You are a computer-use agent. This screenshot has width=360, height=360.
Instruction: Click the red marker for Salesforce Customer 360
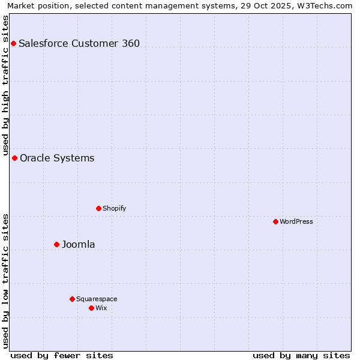click(13, 43)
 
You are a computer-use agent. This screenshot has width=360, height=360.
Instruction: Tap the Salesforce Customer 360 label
click(79, 43)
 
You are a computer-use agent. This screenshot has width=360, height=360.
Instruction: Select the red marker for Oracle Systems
click(14, 158)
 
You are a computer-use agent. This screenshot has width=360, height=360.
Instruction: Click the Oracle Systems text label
click(57, 158)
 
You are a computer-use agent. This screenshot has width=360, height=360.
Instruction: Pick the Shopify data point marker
click(98, 208)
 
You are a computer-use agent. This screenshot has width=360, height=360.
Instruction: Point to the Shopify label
click(114, 208)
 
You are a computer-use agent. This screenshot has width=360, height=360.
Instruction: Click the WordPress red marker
click(275, 221)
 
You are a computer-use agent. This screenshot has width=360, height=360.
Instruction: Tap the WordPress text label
click(296, 221)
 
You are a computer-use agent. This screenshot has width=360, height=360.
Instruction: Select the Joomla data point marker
click(56, 244)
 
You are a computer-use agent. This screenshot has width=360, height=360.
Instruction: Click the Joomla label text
click(79, 245)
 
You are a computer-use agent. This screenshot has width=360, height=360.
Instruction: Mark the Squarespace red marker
click(72, 299)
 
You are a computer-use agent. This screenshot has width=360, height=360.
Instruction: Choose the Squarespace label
click(97, 299)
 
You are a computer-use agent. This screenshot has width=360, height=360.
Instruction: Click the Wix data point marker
click(91, 308)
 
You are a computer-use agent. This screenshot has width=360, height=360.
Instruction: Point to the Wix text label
click(101, 308)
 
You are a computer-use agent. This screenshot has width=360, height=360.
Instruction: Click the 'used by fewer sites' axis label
click(62, 355)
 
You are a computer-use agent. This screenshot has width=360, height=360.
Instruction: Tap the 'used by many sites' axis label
click(301, 355)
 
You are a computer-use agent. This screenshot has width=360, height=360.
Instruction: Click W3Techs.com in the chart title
click(325, 6)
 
